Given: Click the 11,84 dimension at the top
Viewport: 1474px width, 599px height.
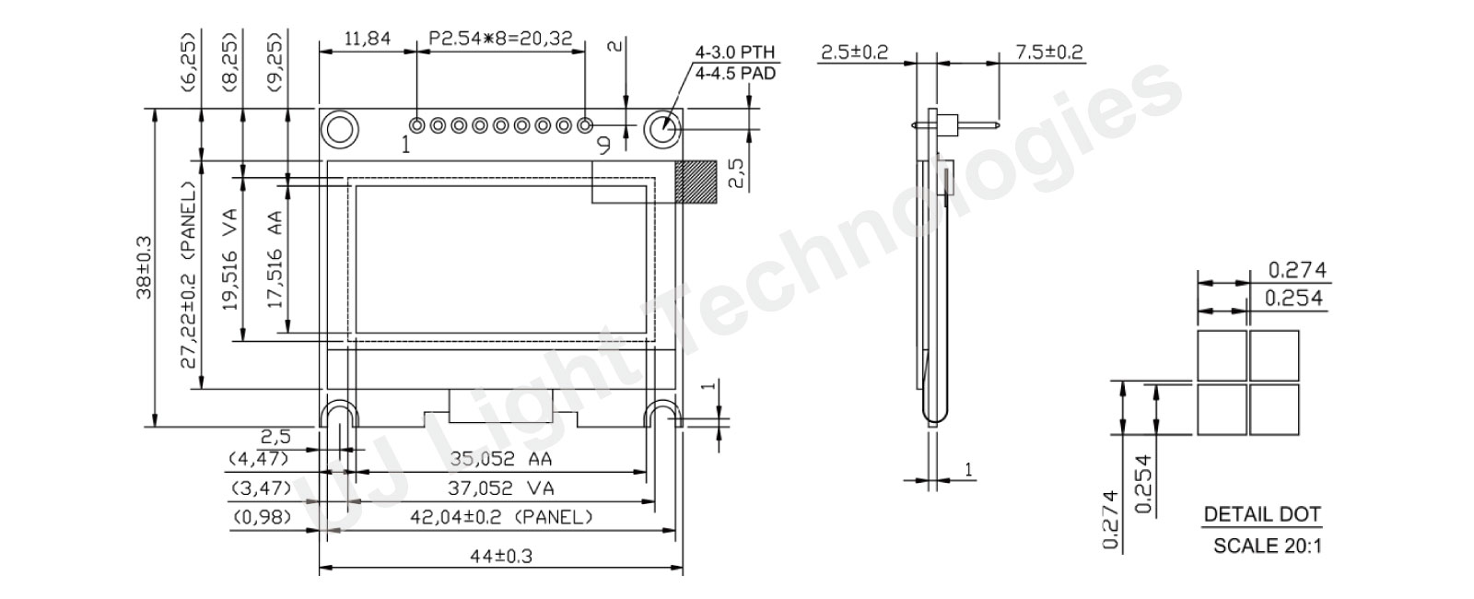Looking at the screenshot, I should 367,39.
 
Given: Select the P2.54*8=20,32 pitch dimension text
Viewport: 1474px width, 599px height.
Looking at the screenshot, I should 500,39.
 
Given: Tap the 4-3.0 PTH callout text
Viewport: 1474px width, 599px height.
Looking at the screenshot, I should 736,53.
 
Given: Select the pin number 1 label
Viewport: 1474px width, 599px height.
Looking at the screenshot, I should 406,145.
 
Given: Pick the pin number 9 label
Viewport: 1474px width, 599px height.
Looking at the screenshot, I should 603,145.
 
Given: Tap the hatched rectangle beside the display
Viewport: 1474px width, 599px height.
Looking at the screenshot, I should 696,182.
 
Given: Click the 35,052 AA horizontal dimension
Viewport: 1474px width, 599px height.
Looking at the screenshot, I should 500,458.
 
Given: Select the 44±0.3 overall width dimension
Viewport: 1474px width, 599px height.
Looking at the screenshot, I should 501,556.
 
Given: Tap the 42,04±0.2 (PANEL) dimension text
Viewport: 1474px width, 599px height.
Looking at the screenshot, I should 501,516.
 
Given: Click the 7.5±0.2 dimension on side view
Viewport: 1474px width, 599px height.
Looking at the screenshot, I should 1049,52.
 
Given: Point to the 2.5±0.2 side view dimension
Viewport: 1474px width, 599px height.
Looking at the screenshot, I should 853,52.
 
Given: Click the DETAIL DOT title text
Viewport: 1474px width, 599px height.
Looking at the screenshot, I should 1261,514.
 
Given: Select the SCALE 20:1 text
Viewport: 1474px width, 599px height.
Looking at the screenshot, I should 1267,546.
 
